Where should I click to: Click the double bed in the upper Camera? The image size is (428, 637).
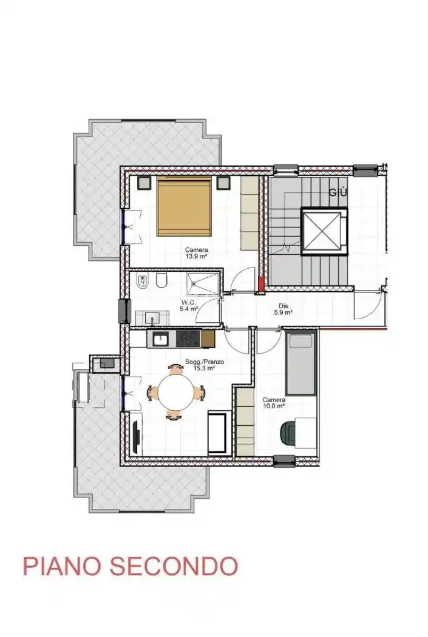(x=185, y=206)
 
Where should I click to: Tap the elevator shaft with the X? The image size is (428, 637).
(x=324, y=231)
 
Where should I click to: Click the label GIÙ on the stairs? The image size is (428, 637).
(x=338, y=192)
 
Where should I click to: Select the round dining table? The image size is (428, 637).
(x=176, y=393)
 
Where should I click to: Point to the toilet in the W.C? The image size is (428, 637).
(x=161, y=281)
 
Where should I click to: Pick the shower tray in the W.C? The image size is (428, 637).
(x=202, y=283)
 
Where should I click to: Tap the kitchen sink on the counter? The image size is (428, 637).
(x=161, y=339)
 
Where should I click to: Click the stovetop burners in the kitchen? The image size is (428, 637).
(x=188, y=339)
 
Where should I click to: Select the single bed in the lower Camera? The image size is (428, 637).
(x=301, y=363)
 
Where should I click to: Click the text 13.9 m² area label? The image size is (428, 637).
(x=196, y=257)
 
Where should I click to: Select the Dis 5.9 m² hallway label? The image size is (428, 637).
(x=284, y=309)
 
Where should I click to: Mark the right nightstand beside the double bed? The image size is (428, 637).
(x=223, y=183)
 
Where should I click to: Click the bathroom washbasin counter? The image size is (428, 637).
(x=152, y=317)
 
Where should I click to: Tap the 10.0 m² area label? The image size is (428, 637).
(x=274, y=406)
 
